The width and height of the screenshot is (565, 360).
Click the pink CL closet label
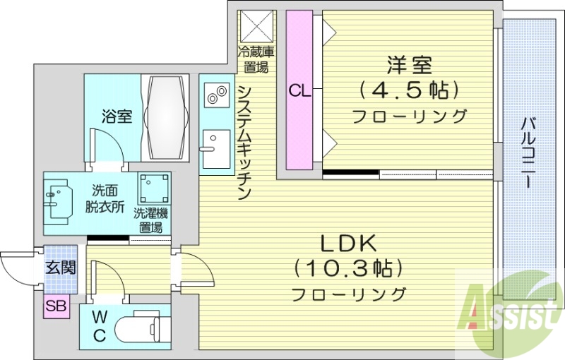(x=298, y=90)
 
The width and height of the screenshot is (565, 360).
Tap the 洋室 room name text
(x=409, y=65)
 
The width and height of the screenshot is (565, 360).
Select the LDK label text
(x=350, y=244)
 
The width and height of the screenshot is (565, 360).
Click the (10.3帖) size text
(x=350, y=269)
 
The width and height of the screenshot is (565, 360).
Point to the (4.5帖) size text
(x=409, y=90)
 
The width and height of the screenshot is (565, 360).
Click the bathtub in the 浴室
(x=167, y=116)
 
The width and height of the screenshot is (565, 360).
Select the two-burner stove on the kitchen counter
(x=215, y=95)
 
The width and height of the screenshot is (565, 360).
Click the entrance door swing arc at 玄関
(x=16, y=268)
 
